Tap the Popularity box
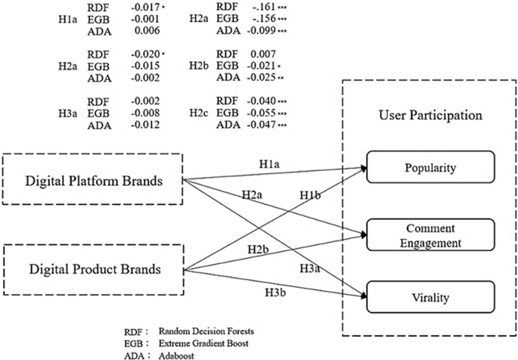click(430, 167)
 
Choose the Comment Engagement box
click(430, 236)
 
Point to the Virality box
click(430, 296)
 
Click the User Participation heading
click(430, 117)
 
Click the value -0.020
click(144, 55)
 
